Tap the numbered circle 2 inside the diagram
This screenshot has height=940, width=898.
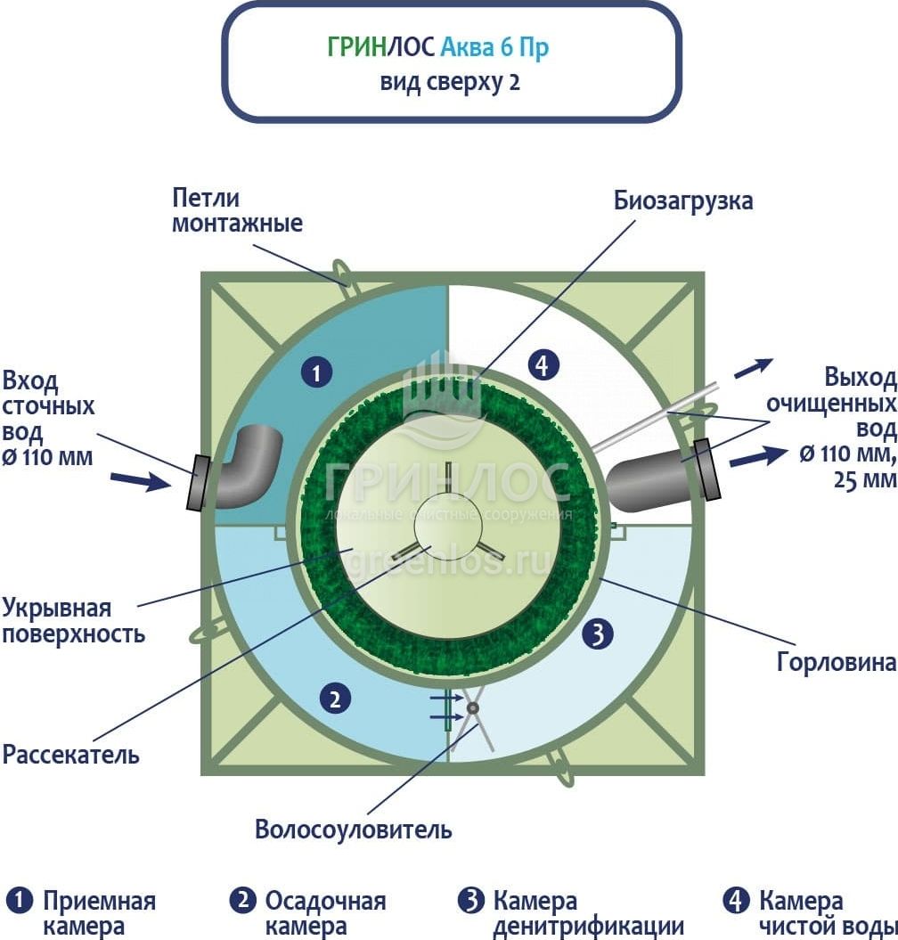coord(335,699)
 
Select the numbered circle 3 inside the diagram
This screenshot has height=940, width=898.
coord(598,634)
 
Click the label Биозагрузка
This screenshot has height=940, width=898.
coord(683,200)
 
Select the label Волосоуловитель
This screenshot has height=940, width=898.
coord(353,830)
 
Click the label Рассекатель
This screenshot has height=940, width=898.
coord(71,755)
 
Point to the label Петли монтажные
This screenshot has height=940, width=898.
coord(237,210)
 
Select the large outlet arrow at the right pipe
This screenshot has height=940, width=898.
coord(752,458)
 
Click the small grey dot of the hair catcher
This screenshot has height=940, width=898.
coord(472,708)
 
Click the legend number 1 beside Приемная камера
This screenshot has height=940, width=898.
coord(19,899)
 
